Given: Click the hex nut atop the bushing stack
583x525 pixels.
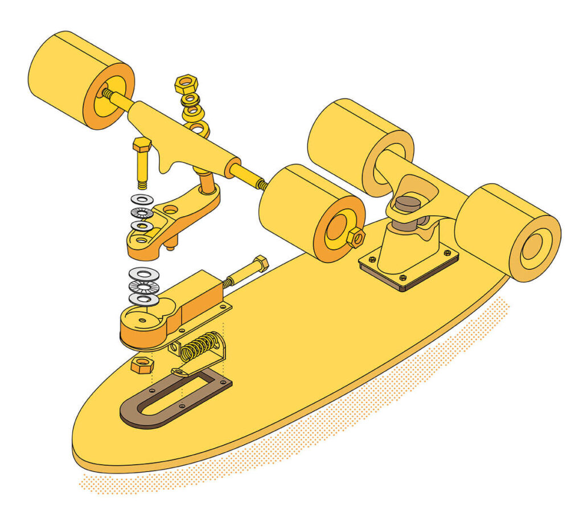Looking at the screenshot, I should point(186,84).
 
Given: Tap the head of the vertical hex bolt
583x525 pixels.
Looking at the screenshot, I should point(142,145).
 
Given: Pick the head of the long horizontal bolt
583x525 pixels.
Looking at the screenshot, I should point(260,264).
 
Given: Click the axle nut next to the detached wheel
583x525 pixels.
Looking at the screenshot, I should point(355,237).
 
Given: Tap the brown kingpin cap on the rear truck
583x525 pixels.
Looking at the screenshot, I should point(407,204).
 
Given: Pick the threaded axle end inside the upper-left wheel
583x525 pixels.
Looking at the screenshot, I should point(106,92).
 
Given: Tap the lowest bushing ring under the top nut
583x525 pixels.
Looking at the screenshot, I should point(198,129).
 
